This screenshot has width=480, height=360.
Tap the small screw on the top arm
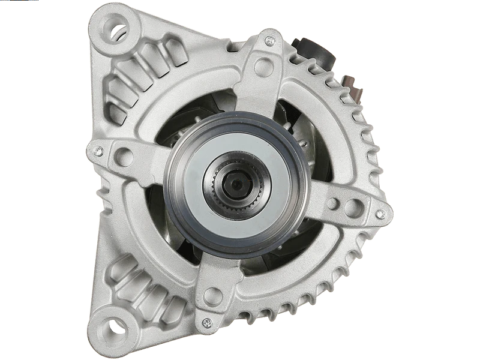270,41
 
